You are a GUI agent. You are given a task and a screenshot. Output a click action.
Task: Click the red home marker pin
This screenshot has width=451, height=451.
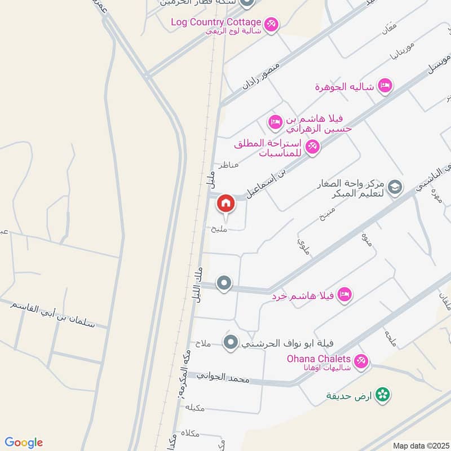tap(226, 203)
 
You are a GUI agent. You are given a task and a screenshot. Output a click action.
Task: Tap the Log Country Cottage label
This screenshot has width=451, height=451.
tap(216, 22)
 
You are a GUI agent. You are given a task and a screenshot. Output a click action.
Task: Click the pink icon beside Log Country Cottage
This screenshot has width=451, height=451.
tap(271, 24)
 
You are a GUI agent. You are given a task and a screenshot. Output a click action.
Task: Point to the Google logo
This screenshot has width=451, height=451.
tap(23, 443)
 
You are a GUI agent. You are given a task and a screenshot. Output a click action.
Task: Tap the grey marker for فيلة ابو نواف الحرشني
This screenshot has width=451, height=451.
tap(230, 342)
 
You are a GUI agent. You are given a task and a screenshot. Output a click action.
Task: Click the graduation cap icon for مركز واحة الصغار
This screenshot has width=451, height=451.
tap(396, 187)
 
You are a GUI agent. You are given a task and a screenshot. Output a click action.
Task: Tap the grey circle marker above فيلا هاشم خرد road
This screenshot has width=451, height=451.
tap(224, 283)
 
